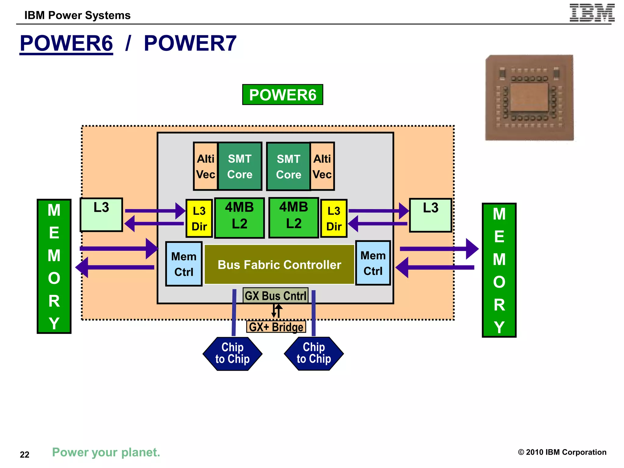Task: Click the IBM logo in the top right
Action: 592,13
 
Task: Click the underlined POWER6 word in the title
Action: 66,43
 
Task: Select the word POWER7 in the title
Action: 190,43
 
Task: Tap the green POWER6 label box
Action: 282,95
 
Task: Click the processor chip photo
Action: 530,98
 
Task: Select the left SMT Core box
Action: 240,166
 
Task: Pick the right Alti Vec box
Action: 322,166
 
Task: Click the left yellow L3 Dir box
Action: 199,218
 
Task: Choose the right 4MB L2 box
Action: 294,217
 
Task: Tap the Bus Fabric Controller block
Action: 279,264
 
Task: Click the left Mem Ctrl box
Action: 184,264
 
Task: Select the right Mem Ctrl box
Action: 373,263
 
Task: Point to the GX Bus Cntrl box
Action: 275,296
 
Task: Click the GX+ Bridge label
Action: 276,327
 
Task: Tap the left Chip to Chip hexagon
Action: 232,353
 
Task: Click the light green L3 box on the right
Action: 430,215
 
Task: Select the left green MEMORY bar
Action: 54,266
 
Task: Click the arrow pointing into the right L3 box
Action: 378,211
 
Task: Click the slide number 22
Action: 25,454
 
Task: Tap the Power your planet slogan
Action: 106,452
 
